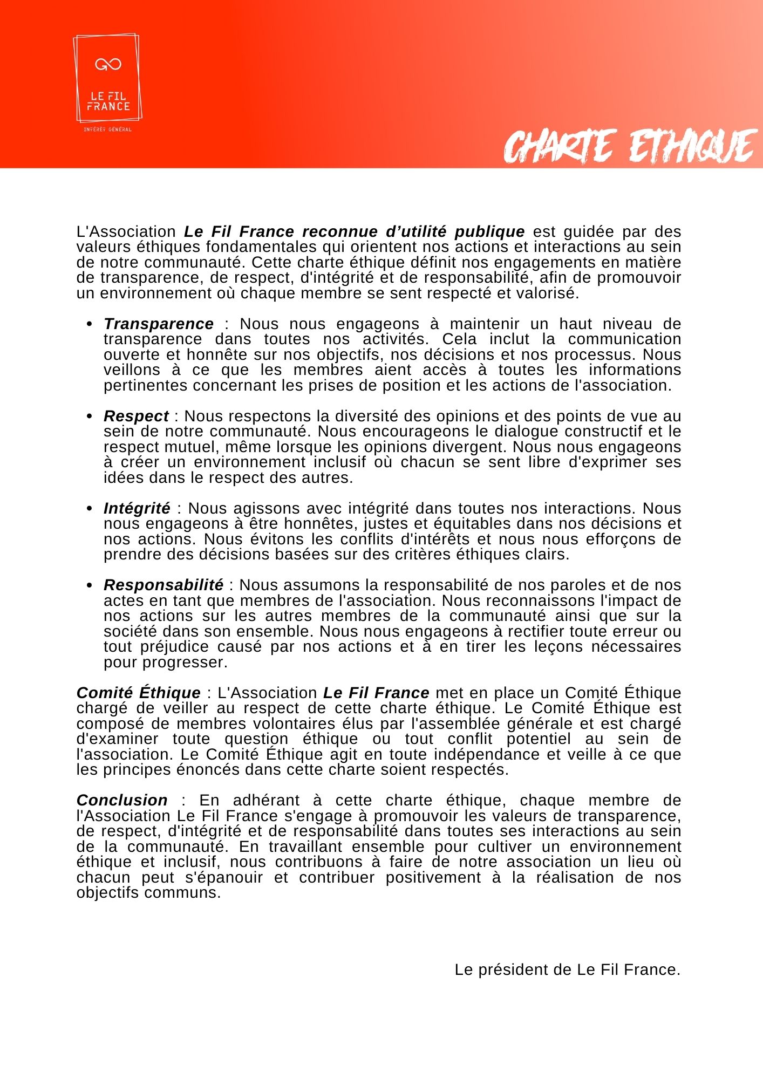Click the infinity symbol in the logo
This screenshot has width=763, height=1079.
tap(108, 65)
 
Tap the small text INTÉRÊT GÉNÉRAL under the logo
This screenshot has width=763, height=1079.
tap(107, 129)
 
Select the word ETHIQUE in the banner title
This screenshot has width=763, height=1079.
tap(692, 146)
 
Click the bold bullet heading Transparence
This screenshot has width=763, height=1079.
tap(159, 324)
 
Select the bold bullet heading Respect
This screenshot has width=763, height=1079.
tap(136, 416)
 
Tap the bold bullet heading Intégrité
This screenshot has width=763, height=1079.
tap(137, 508)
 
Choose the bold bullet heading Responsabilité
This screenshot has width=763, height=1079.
tap(163, 585)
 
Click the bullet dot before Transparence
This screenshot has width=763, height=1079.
tap(90, 324)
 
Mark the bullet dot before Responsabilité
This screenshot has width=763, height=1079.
tap(90, 585)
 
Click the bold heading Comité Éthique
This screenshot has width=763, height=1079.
tap(138, 693)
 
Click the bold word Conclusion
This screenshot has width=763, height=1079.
tap(122, 800)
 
